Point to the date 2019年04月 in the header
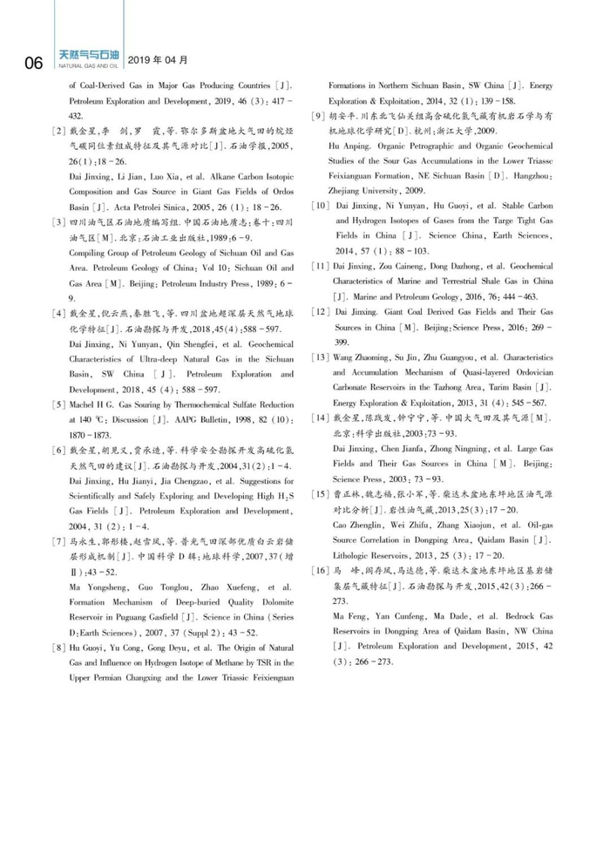(158, 59)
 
